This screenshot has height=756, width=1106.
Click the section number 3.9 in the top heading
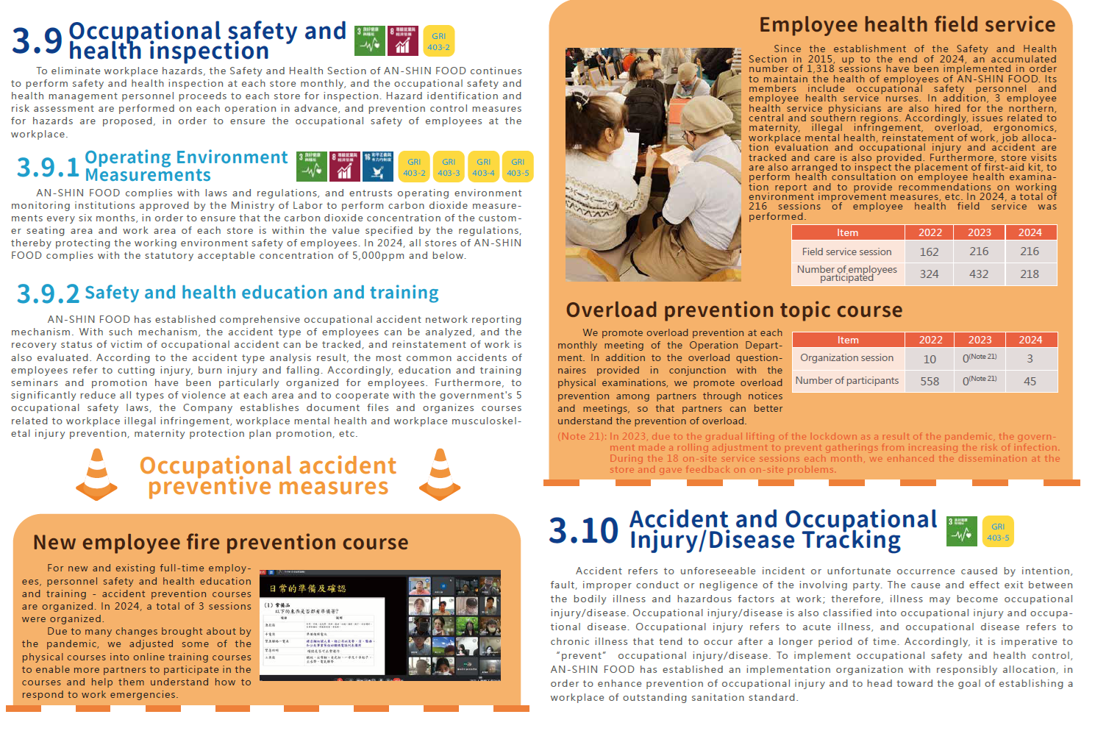click(x=37, y=40)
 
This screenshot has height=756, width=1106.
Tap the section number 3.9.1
click(x=48, y=167)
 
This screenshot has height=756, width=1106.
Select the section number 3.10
click(x=584, y=530)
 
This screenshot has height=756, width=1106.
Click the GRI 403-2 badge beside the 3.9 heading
click(x=438, y=41)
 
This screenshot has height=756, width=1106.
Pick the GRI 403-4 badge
click(x=483, y=167)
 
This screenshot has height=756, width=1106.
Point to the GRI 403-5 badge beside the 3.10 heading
click(x=998, y=532)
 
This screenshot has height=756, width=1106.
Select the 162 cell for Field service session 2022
click(x=930, y=252)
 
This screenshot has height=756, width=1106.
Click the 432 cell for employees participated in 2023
click(x=979, y=274)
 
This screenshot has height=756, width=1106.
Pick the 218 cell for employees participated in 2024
click(x=1030, y=274)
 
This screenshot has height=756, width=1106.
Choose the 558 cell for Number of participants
click(x=930, y=381)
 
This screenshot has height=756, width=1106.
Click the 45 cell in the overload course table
click(x=1030, y=381)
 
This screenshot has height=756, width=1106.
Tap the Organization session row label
click(x=847, y=358)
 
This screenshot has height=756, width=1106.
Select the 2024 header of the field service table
click(x=1030, y=232)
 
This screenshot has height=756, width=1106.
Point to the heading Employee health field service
click(x=907, y=25)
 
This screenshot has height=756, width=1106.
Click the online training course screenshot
click(x=380, y=626)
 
